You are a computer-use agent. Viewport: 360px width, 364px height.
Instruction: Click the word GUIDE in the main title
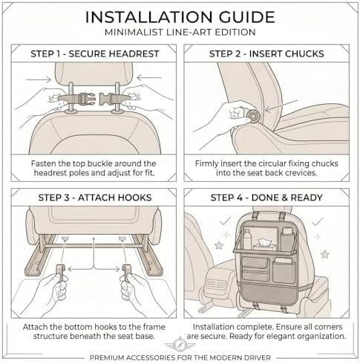pos(246,17)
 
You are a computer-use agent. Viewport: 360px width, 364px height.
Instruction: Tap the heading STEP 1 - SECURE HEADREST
pos(95,53)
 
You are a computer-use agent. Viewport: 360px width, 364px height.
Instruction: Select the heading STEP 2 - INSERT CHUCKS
pos(266,53)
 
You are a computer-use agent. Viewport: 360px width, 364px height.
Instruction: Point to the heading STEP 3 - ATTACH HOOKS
pos(95,198)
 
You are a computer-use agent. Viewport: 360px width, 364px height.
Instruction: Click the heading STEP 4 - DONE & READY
pos(266,198)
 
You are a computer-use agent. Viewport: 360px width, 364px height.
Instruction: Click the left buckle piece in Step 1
pos(77,99)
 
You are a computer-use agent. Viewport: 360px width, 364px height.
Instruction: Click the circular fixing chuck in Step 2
pos(253,116)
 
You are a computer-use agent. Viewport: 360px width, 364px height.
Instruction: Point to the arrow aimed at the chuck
pos(281,105)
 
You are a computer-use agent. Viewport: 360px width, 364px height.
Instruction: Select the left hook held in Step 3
pos(61,272)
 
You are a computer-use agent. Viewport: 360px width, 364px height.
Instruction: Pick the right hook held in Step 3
pos(126,273)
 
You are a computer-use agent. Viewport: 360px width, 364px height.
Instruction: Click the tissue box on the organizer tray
pos(264,245)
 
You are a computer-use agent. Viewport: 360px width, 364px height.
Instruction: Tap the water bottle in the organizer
pos(247,238)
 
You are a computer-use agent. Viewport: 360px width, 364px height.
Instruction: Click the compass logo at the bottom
pos(180,344)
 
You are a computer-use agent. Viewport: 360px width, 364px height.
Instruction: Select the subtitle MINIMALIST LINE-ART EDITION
pos(180,32)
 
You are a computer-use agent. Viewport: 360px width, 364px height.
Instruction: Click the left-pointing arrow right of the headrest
pos(149,78)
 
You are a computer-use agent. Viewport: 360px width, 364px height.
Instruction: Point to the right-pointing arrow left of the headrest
pos(39,79)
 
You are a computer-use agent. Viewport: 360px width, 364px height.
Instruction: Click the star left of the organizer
pos(219,245)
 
